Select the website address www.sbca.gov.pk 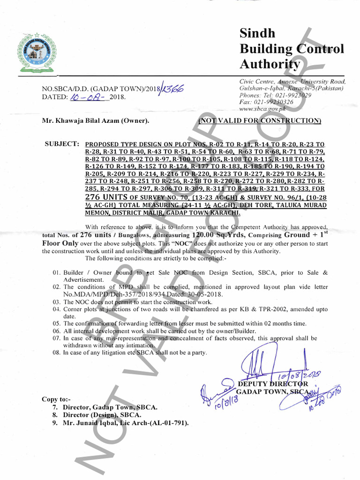[262, 109]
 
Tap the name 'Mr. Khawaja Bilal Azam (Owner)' [96, 121]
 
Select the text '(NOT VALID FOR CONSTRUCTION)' [260, 120]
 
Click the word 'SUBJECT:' [62, 144]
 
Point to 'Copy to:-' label [57, 399]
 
